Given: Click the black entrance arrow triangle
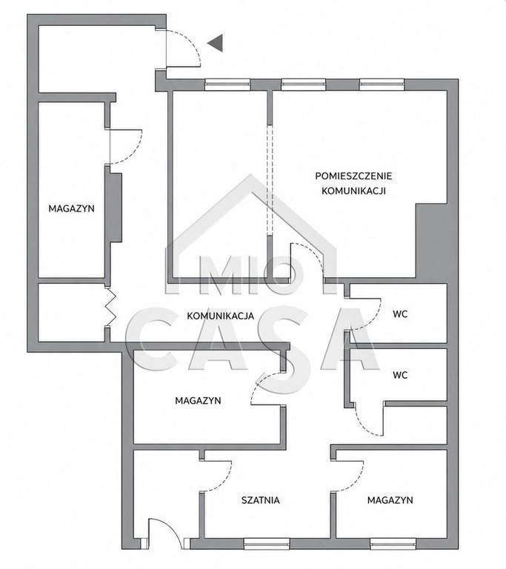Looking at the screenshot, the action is [x=217, y=43].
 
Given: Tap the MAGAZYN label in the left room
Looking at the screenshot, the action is [x=72, y=209].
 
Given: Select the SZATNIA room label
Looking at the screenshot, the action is [x=261, y=500].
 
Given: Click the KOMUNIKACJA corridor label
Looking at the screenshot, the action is [x=221, y=316].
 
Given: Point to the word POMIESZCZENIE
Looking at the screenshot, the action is [x=353, y=176].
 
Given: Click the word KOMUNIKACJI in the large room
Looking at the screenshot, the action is [x=353, y=191].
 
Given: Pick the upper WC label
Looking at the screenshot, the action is [x=400, y=314].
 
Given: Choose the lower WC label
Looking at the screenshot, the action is [x=400, y=375].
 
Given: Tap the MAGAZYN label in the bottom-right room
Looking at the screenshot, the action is [x=390, y=500].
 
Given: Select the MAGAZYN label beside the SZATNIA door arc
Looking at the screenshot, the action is [x=199, y=401].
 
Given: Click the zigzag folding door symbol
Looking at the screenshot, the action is [x=110, y=307].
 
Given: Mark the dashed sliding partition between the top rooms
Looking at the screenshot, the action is [x=270, y=180].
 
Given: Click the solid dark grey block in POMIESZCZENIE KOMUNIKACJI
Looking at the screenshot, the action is [x=431, y=241].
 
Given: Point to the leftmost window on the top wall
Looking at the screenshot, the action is [x=227, y=85].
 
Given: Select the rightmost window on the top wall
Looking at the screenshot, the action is [x=382, y=85].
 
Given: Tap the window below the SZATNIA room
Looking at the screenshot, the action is [x=267, y=543].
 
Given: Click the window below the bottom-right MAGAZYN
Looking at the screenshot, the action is [x=393, y=543].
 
